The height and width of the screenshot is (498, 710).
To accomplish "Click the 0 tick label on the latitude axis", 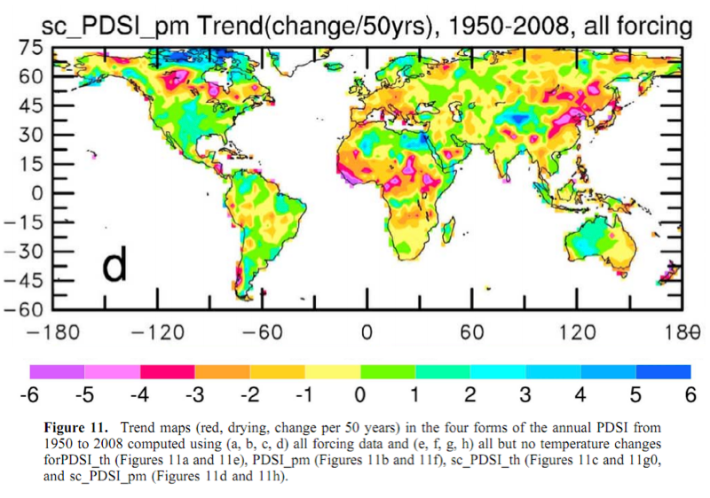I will coord(36,193).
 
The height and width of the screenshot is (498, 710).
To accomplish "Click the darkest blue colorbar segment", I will coord(664,371).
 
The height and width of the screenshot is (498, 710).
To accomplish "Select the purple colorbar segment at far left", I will coord(57,371).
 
